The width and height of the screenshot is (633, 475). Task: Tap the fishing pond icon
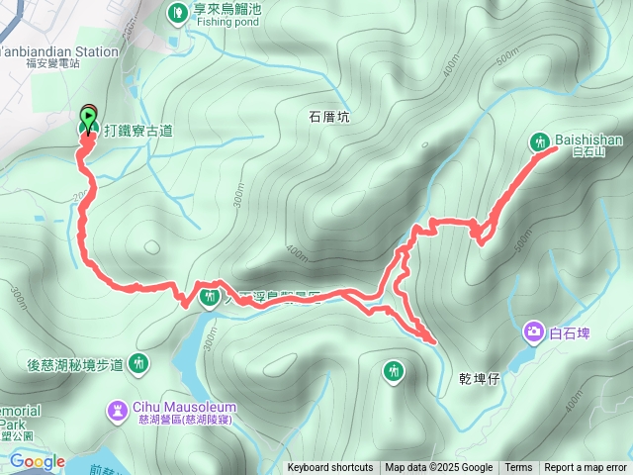[x=177, y=13]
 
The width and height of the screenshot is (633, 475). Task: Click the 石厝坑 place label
[x=329, y=117]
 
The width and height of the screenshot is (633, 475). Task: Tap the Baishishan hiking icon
[x=540, y=141]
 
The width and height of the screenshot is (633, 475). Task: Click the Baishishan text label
[x=588, y=141]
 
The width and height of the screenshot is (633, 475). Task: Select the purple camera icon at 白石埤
[x=534, y=332]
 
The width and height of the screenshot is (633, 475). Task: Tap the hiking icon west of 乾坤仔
[x=394, y=371]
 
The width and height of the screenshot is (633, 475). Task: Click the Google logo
[x=37, y=461]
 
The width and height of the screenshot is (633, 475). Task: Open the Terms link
[x=518, y=468]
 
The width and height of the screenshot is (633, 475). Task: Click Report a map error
[x=587, y=468]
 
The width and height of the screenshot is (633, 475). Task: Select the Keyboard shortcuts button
[x=330, y=468]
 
